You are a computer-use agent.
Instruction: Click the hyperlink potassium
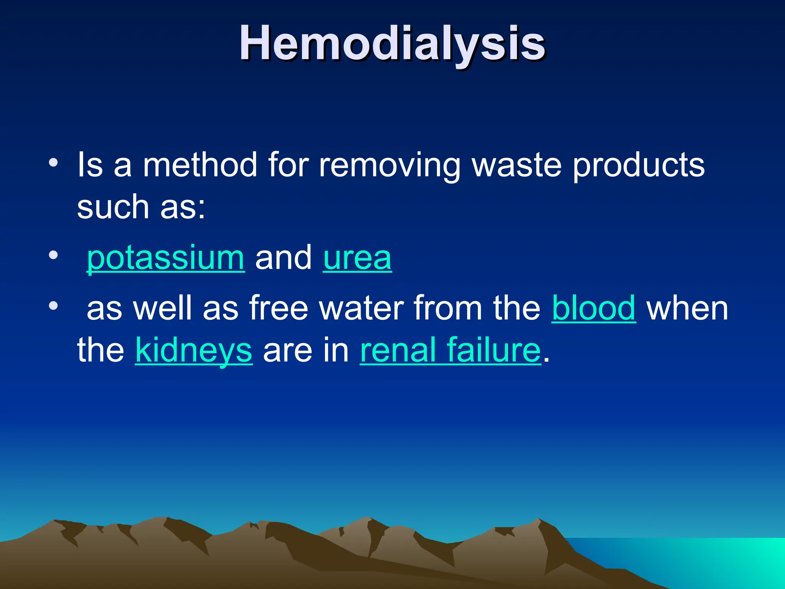(x=166, y=258)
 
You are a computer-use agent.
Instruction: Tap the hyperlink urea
(x=357, y=258)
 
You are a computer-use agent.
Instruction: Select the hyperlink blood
(x=594, y=308)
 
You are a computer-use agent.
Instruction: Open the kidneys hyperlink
(x=194, y=350)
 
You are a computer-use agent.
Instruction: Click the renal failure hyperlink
(x=450, y=350)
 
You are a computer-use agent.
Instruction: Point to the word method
(x=200, y=165)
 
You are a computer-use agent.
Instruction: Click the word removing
(x=389, y=165)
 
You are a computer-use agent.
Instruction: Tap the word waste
(x=517, y=165)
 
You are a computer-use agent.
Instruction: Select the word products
(x=639, y=165)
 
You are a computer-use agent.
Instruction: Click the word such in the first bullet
(x=113, y=207)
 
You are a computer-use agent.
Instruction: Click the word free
(x=279, y=308)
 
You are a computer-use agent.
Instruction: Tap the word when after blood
(x=687, y=308)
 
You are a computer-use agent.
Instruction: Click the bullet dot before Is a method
(x=53, y=163)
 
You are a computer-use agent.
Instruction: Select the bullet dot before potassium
(x=53, y=255)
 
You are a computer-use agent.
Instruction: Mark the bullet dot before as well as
(x=53, y=306)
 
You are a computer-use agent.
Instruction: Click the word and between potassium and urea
(x=284, y=258)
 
